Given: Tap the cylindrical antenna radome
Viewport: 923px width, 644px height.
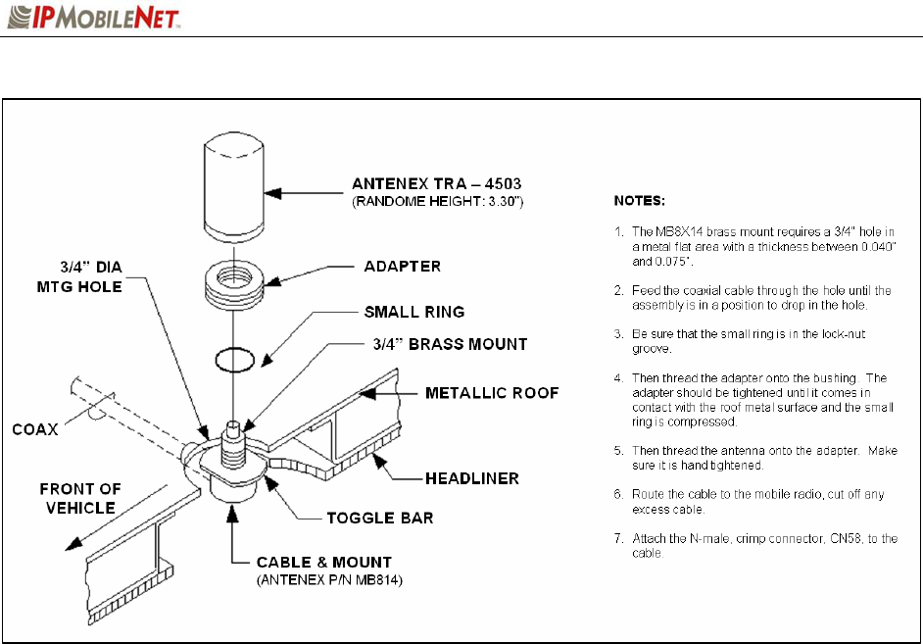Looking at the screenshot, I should [x=236, y=187].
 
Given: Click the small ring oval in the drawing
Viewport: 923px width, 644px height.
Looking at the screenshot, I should [x=236, y=362].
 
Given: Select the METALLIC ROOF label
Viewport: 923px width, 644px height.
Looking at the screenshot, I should [x=493, y=393].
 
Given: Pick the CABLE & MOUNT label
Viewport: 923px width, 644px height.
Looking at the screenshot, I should [x=323, y=562].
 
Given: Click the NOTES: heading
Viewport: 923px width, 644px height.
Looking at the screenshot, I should [x=640, y=202].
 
